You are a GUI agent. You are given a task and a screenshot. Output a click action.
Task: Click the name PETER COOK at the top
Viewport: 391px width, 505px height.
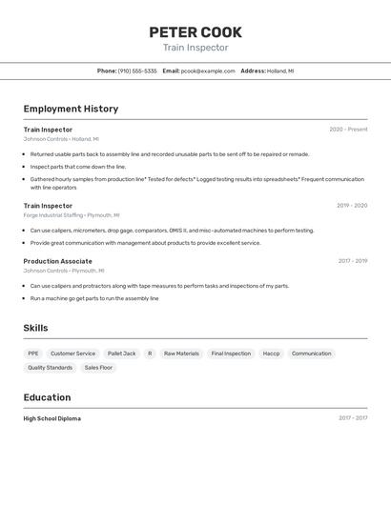tap(195, 32)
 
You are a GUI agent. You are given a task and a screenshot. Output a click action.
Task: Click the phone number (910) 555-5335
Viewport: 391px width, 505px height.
tap(137, 71)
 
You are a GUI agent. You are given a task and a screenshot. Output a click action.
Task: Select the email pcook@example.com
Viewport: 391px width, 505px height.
tap(208, 71)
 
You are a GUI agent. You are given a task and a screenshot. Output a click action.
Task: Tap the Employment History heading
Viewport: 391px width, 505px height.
tap(71, 109)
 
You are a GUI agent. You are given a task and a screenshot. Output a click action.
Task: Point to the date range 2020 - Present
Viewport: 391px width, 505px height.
tap(348, 130)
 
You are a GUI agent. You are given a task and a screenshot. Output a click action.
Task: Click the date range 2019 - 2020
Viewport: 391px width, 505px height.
tap(351, 206)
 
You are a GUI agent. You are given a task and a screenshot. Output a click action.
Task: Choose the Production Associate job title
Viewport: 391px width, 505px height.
tap(58, 261)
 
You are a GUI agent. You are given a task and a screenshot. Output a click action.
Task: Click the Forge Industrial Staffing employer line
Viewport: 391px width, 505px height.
tap(72, 215)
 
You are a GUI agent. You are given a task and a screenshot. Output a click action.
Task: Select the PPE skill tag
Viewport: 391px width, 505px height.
tap(33, 353)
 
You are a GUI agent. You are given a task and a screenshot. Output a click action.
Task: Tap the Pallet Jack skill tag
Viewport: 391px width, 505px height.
tap(121, 353)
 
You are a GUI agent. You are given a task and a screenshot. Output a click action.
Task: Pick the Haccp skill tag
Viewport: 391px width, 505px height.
tap(271, 353)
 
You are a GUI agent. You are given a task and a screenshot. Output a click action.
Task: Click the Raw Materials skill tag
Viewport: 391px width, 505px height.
tap(181, 353)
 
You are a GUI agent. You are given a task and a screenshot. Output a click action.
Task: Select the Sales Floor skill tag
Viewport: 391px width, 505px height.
tap(98, 367)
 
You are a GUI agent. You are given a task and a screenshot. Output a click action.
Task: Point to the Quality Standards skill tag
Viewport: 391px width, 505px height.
tap(50, 367)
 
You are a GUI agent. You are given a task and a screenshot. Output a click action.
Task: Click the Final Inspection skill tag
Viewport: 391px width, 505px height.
tap(231, 353)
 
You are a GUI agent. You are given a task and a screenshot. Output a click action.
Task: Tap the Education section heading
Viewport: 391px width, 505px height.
tap(47, 397)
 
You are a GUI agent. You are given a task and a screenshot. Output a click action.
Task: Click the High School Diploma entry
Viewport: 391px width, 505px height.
tap(52, 418)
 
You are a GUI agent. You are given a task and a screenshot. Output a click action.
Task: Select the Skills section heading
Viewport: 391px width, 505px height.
tap(36, 328)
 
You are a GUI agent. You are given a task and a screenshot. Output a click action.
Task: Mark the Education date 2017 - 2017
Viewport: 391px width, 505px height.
tap(352, 418)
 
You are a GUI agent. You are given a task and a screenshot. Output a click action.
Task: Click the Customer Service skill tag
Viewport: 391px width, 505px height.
tap(72, 353)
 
